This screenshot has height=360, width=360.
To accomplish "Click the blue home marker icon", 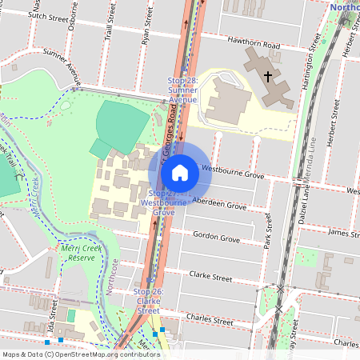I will tap(180, 172).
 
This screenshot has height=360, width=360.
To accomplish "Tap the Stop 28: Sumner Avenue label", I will tap(182, 90).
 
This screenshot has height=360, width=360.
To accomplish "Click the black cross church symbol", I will tap(267, 76).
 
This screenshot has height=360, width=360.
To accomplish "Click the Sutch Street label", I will tap(47, 14).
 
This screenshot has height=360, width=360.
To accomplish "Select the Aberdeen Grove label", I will tap(219, 205).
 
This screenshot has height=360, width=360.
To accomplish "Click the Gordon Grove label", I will tap(217, 238).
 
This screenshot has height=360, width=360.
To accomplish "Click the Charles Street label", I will tap(209, 317).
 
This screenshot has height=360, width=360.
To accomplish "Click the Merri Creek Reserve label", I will tap(82, 253).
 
